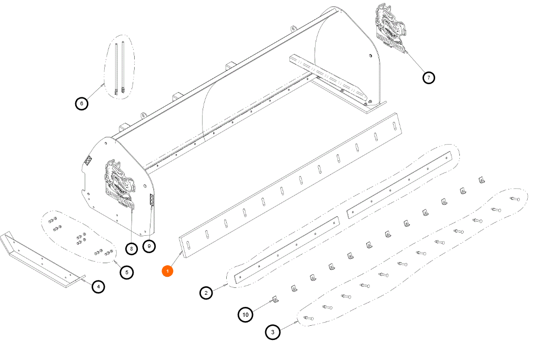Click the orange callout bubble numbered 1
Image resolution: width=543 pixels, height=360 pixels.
(x=167, y=271)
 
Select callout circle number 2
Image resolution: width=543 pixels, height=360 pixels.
(x=206, y=293)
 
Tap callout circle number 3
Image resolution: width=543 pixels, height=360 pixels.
(x=273, y=332)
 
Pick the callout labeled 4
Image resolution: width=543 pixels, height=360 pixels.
(x=98, y=286)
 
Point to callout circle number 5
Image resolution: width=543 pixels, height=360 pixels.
(x=127, y=272)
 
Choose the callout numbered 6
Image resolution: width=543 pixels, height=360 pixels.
(x=82, y=103)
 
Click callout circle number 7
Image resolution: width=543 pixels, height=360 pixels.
(x=429, y=77)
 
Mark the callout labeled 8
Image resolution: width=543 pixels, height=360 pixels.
(x=131, y=248)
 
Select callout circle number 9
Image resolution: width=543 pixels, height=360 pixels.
(x=149, y=246)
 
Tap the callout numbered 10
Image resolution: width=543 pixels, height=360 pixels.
(x=246, y=315)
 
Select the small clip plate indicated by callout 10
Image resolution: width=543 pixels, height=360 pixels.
(x=275, y=299)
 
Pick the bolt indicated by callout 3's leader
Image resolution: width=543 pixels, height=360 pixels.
(x=308, y=318)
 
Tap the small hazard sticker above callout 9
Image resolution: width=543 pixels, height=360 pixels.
(x=152, y=200)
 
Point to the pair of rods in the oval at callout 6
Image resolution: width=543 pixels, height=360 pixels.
(x=119, y=68)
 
